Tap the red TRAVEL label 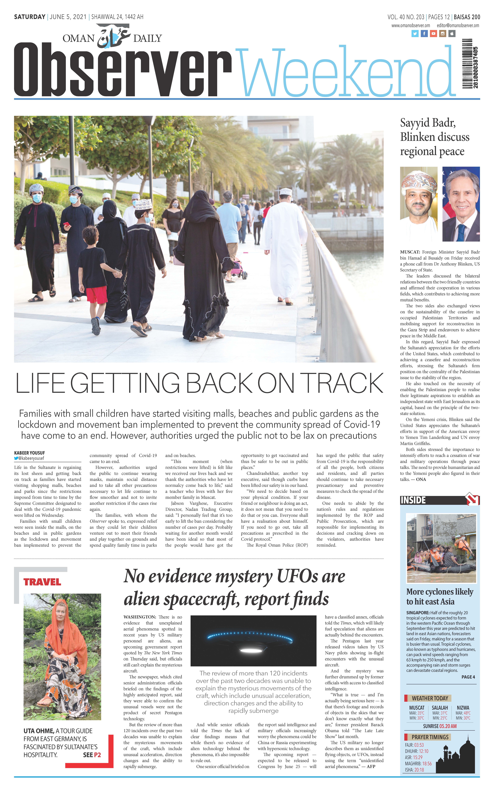[x=42, y=582]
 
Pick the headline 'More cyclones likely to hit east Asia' [x=439, y=597]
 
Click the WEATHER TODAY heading [x=430, y=698]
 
